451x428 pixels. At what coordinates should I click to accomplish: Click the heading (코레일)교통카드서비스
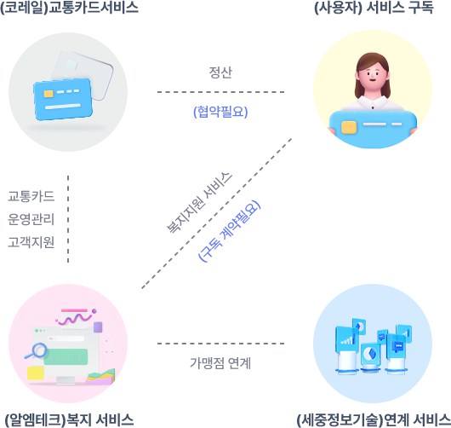pos(69,8)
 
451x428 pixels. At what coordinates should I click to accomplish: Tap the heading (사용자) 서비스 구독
pos(374,8)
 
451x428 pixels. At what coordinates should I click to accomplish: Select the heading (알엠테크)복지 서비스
pos(69,420)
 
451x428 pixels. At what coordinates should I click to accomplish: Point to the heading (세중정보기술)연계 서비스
pos(374,420)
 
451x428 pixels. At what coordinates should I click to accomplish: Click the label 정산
pos(220,72)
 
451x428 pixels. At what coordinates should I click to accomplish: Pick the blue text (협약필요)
pos(220,112)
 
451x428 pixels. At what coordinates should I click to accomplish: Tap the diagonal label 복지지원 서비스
pos(199,203)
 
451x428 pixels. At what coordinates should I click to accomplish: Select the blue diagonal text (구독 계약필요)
pos(229,231)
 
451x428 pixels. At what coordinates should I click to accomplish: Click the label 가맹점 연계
pos(220,363)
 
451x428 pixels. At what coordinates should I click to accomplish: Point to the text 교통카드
pos(31,196)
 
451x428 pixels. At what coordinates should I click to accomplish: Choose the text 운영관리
pos(31,219)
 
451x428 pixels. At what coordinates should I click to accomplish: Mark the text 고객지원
pos(31,242)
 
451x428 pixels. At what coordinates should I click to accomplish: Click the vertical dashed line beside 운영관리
pos(68,219)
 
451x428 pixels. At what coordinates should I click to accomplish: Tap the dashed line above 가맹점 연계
pos(221,344)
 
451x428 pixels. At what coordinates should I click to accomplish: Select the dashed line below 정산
pos(221,92)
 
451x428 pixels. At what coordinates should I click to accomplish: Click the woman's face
pos(373,75)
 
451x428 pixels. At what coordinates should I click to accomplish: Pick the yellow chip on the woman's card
pos(349,127)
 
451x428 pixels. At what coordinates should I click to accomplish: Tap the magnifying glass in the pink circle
pos(37,350)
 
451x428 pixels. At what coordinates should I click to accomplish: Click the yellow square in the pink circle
pos(36,373)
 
